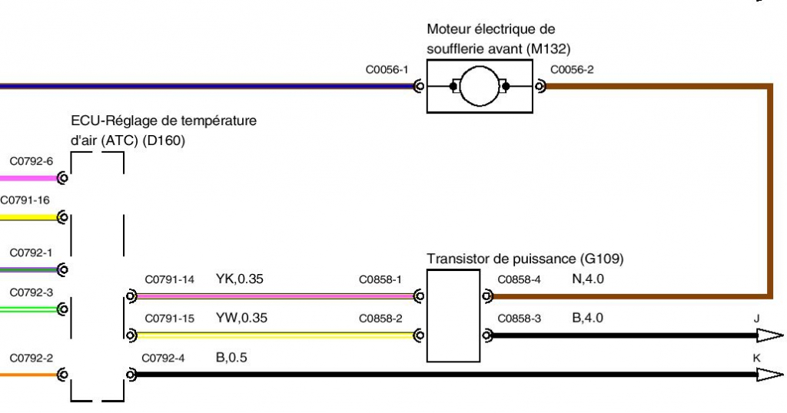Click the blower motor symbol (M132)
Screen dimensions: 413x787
click(x=480, y=87)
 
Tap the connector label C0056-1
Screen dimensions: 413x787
click(x=386, y=70)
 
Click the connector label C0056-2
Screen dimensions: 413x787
click(x=572, y=70)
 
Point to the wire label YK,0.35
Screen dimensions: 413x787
click(x=240, y=279)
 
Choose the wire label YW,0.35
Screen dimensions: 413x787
click(x=241, y=318)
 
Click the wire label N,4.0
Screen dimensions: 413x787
click(x=589, y=279)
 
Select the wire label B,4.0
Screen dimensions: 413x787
click(x=588, y=318)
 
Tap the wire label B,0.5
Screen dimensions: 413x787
click(x=232, y=357)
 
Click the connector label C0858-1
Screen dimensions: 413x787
click(x=380, y=279)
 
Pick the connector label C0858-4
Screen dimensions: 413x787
click(x=520, y=279)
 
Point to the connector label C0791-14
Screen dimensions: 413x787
click(x=170, y=279)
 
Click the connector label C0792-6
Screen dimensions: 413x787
click(x=32, y=161)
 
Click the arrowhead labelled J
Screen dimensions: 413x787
click(x=769, y=335)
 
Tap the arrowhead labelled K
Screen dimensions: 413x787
click(x=769, y=374)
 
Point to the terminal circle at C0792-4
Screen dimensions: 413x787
click(x=131, y=375)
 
